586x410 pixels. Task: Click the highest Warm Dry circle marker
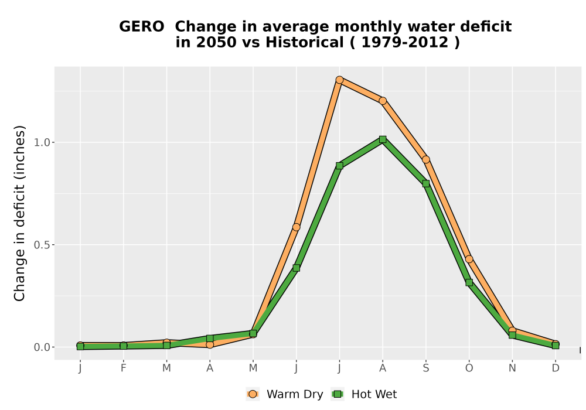coord(339,80)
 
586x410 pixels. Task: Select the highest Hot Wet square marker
coord(382,139)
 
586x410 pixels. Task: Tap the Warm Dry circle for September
coord(425,160)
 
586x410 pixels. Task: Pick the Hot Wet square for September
coord(425,184)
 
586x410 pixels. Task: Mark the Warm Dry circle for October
coord(469,259)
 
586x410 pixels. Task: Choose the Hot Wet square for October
coord(469,283)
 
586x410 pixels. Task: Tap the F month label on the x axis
coord(123,368)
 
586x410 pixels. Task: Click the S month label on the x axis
coord(425,368)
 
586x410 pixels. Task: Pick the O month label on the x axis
coord(469,368)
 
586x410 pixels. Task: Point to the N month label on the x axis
coord(512,368)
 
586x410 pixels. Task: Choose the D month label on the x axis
coord(556,368)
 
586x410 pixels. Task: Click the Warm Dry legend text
coord(295,394)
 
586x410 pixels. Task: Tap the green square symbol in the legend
coord(338,394)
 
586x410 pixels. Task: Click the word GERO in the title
coord(142,27)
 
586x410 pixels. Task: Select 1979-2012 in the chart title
coord(405,42)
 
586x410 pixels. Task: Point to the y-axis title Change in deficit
coord(19,213)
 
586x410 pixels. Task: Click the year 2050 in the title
coord(216,42)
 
